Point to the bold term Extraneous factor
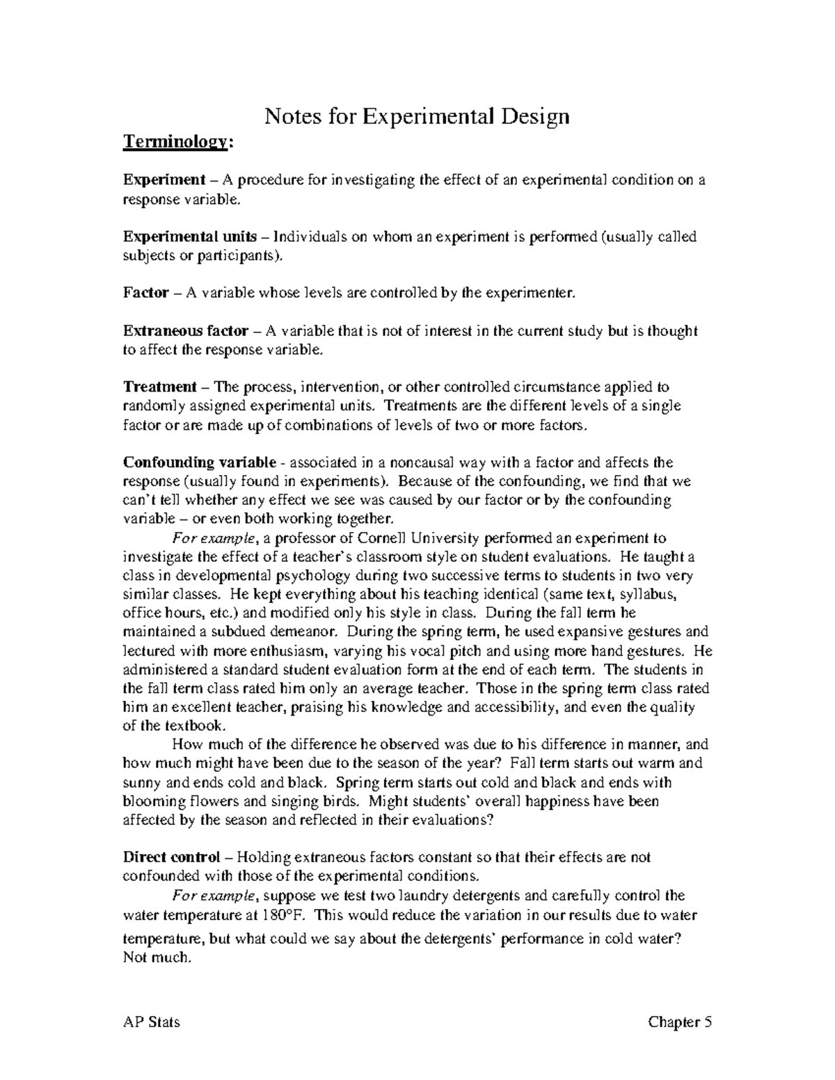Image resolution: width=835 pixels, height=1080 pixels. click(185, 331)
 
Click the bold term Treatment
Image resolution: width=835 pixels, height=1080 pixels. click(160, 387)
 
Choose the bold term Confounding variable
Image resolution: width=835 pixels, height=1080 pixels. click(199, 462)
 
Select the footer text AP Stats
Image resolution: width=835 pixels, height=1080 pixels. click(151, 1022)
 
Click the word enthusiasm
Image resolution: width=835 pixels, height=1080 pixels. click(280, 652)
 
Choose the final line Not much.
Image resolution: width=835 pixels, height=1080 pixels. click(157, 958)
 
